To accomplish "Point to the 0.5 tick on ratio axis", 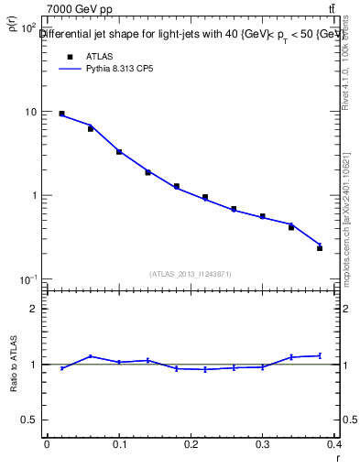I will [x=30, y=420].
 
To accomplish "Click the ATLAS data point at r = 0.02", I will [x=61, y=114].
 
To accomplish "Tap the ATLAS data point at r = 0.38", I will [x=320, y=248].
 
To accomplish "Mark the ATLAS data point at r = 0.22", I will [x=205, y=197].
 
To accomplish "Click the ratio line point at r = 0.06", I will [x=90, y=356].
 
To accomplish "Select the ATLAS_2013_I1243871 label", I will [x=191, y=274].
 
